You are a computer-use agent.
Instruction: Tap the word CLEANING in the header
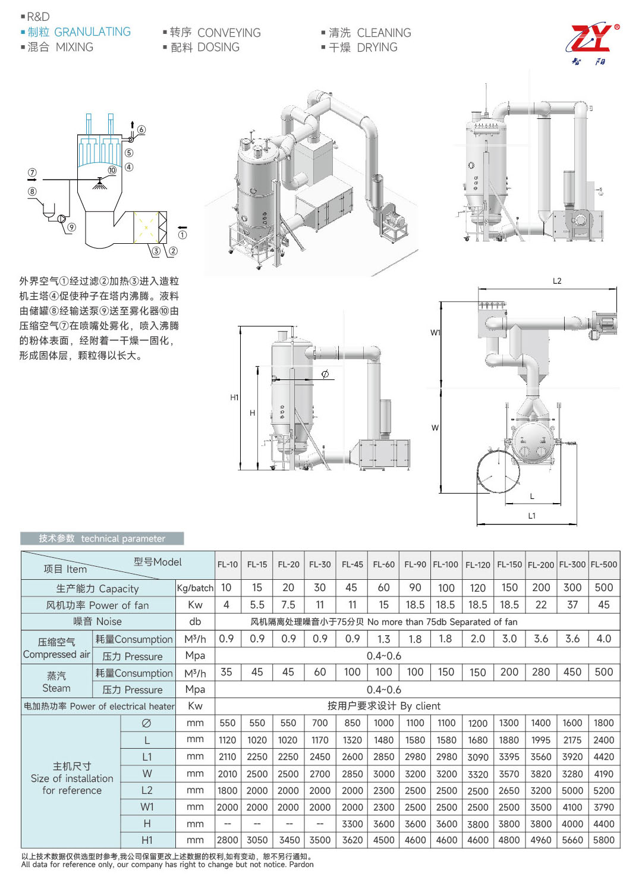[384, 33]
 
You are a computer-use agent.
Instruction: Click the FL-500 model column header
[603, 564]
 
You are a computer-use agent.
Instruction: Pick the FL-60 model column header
[383, 564]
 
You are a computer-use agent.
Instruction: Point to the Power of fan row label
[97, 605]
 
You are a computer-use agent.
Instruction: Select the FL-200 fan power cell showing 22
[541, 605]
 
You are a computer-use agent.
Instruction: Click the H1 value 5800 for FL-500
[603, 840]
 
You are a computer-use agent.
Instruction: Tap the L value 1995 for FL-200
[541, 740]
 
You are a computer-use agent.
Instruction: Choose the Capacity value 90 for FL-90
[415, 588]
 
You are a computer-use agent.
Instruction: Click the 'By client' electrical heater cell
[384, 706]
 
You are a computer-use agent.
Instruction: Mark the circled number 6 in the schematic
[141, 130]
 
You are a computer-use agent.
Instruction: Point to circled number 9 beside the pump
[71, 227]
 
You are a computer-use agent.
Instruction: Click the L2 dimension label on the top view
[557, 281]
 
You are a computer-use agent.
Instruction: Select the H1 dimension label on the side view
[234, 397]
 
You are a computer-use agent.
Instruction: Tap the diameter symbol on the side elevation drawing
[325, 374]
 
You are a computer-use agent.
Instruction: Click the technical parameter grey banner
[102, 539]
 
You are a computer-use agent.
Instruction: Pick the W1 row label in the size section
[147, 807]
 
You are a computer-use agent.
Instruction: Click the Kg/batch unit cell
[195, 588]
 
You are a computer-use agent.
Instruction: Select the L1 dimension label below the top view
[531, 516]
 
